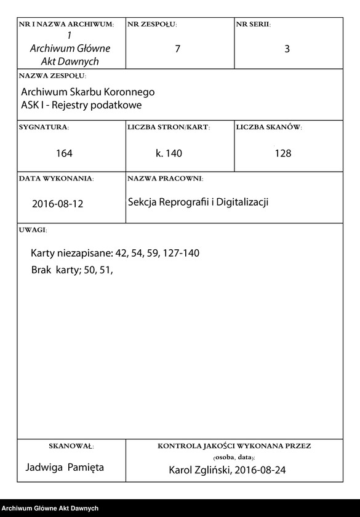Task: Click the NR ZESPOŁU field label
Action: tap(152, 25)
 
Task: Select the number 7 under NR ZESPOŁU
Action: tap(177, 49)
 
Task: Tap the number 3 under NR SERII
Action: tap(287, 49)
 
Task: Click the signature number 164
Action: tap(64, 153)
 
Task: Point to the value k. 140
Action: tap(169, 153)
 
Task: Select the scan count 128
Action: tap(283, 153)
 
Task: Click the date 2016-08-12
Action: tap(57, 204)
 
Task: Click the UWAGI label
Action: tap(33, 230)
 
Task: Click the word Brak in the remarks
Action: tap(42, 270)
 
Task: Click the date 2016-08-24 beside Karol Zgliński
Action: tap(258, 470)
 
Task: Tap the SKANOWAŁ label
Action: tap(71, 445)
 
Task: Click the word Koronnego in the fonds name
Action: tap(127, 92)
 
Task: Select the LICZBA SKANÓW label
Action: tap(269, 127)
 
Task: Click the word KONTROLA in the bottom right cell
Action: tap(180, 445)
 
